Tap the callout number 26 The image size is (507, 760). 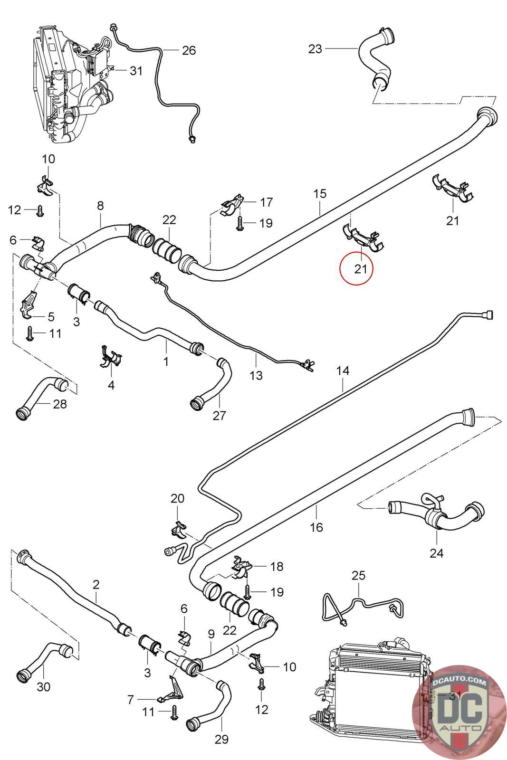189,50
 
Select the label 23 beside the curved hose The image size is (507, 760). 315,48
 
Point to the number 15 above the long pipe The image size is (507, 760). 320,193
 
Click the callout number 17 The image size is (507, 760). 267,202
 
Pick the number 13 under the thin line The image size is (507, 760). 256,375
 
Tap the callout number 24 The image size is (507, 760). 436,553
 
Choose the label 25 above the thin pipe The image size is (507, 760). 358,575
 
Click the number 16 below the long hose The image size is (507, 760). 316,527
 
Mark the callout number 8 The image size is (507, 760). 100,206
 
